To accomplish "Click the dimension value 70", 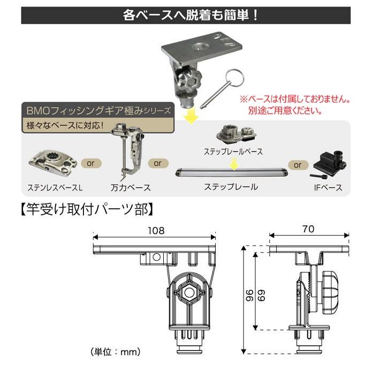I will [x=309, y=228].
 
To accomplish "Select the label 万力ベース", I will [x=130, y=188].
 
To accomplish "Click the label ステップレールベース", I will [x=233, y=151].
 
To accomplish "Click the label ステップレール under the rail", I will [x=231, y=187].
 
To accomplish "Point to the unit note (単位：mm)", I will [x=116, y=352].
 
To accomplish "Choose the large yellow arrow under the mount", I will [x=189, y=114].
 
